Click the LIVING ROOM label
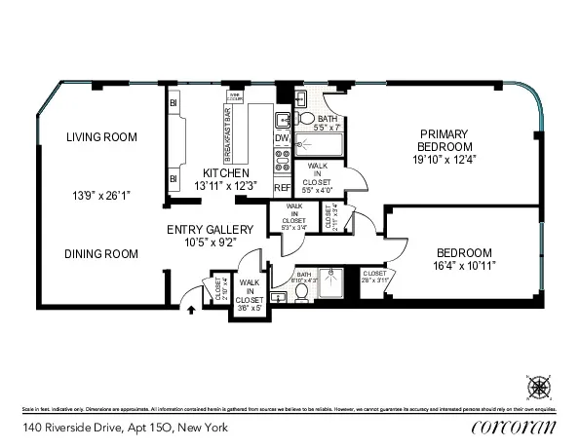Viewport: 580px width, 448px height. click(x=100, y=137)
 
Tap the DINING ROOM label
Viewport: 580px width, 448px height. click(x=100, y=253)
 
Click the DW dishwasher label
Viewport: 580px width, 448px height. click(x=282, y=137)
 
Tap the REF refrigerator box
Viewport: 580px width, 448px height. click(x=282, y=187)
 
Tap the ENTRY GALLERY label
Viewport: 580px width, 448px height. click(x=202, y=229)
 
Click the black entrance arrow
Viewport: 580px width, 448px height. click(x=191, y=311)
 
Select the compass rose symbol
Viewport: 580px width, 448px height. click(x=538, y=387)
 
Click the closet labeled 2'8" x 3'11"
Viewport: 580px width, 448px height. click(x=374, y=276)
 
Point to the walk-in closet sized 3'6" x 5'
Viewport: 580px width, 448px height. click(x=250, y=293)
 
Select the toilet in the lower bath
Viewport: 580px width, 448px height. click(x=303, y=291)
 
